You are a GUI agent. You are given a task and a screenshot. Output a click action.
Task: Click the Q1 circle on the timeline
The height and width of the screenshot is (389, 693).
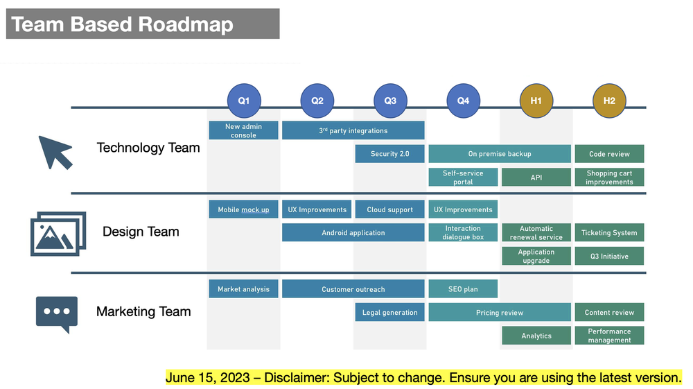pos(244,101)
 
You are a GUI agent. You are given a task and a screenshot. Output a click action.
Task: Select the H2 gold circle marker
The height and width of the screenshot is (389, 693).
pos(609,101)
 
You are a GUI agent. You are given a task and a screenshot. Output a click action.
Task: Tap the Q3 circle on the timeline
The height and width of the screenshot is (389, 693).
pos(390,101)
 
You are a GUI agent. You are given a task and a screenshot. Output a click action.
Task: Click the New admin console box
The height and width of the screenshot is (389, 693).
pos(243,130)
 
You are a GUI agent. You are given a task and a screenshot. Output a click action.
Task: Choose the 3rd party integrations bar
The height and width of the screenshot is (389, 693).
pos(353,130)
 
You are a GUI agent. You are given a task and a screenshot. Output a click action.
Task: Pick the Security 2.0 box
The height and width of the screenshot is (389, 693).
pos(389,154)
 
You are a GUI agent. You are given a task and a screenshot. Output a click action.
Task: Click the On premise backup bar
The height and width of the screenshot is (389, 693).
pos(500,154)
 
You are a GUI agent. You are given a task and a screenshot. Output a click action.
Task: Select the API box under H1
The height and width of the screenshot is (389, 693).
pos(536,178)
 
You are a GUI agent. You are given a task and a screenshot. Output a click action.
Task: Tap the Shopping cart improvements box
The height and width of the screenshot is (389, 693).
pos(609,178)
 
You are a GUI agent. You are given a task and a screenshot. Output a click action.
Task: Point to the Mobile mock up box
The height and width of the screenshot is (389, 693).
pos(243,209)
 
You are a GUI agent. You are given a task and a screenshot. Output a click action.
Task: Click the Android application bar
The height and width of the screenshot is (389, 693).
pos(353,233)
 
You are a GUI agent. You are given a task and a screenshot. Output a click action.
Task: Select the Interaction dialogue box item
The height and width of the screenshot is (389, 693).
pos(463,232)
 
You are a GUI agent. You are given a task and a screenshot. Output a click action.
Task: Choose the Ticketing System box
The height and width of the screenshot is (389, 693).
pos(609,233)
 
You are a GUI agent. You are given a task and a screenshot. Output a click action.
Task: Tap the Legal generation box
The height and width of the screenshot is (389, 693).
pos(389,313)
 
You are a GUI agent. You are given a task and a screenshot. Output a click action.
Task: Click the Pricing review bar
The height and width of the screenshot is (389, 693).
pos(500,313)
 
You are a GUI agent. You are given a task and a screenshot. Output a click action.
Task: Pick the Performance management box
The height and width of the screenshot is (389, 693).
pos(609,336)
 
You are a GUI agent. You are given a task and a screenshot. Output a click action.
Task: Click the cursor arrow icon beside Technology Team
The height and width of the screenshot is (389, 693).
pos(55,152)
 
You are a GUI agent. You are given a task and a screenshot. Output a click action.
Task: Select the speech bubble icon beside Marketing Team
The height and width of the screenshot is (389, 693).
pos(57,313)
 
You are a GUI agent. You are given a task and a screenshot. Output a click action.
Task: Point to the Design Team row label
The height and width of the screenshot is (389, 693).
pos(141,232)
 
